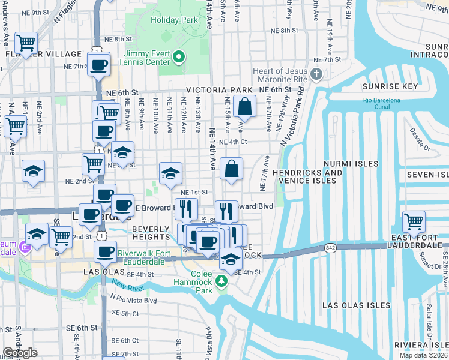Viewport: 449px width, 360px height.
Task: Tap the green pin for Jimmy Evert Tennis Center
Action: (x=178, y=58)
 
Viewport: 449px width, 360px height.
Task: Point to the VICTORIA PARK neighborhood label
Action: (x=219, y=90)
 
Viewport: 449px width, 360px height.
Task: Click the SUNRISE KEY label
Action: (x=390, y=86)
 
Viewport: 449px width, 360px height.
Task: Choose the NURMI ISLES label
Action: (x=351, y=163)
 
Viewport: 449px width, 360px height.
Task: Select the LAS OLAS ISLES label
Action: (x=351, y=305)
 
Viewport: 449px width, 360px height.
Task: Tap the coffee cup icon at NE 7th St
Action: (x=99, y=64)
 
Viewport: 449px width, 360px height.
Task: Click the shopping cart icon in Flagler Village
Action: (x=26, y=43)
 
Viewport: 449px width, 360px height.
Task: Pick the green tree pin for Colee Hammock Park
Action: (x=222, y=281)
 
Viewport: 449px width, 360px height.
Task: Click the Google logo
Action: (x=20, y=353)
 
